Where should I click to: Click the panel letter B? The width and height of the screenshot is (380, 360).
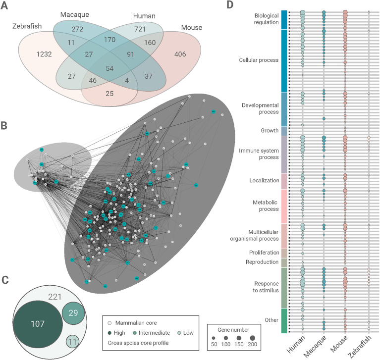[x=4, y=126]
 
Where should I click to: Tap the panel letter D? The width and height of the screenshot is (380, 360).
[x=229, y=5]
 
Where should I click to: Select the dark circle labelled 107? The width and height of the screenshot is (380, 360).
[x=38, y=323]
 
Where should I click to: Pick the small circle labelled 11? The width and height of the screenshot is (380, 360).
[x=74, y=342]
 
